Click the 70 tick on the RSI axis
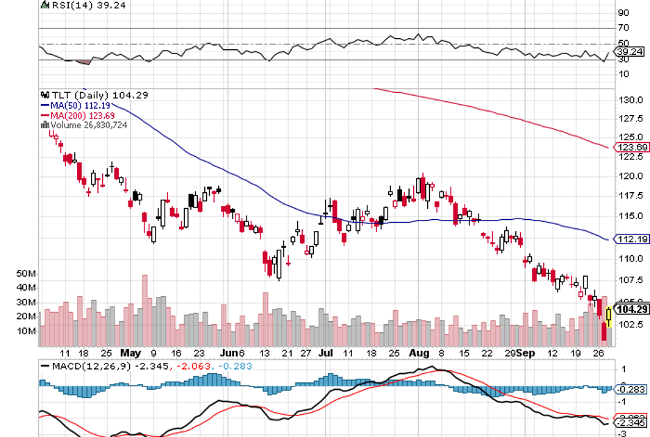[623, 28]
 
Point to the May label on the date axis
[130, 352]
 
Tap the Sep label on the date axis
[526, 352]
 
